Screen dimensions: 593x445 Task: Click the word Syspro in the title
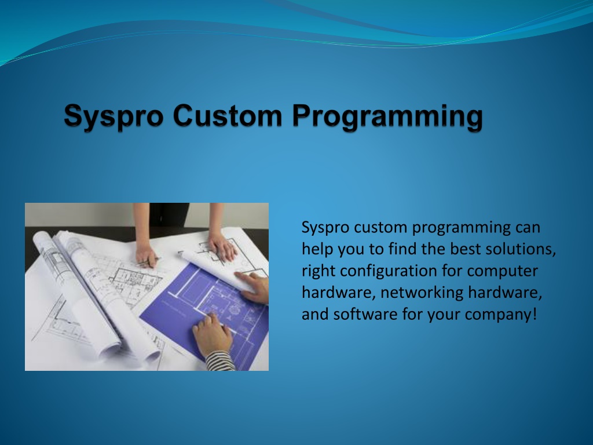click(x=114, y=116)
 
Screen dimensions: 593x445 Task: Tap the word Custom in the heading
click(x=228, y=115)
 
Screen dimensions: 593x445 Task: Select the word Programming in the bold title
click(x=387, y=117)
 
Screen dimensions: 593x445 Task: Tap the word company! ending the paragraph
click(x=501, y=315)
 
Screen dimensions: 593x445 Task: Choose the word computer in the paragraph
click(x=502, y=272)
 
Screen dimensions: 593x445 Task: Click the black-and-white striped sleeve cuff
click(x=221, y=361)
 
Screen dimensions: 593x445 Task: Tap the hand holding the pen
click(x=147, y=255)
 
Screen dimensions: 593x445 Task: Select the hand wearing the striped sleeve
click(x=212, y=334)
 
